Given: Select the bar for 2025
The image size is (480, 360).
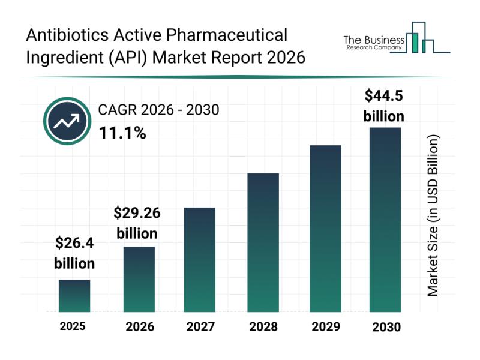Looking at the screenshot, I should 74,296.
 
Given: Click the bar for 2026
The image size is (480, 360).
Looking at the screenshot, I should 139,279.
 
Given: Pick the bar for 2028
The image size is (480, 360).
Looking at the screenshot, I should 263,242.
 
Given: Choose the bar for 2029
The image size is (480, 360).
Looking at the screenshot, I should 325,229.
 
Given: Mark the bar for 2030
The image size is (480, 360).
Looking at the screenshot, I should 385,220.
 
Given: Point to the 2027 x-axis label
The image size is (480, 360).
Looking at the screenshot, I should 200,327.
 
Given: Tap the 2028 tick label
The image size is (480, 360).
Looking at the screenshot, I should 263,327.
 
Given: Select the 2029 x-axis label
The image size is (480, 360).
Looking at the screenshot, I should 325,327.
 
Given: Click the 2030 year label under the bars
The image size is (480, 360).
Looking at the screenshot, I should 385,327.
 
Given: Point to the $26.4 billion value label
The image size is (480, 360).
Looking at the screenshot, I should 74,253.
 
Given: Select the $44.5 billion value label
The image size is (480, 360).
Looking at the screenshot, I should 384,106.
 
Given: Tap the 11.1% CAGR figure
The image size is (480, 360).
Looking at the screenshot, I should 122,133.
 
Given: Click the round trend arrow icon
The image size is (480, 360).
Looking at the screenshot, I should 66,121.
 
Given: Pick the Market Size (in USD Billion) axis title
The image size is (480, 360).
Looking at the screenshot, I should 433,215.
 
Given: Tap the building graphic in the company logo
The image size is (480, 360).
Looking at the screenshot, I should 420,38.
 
